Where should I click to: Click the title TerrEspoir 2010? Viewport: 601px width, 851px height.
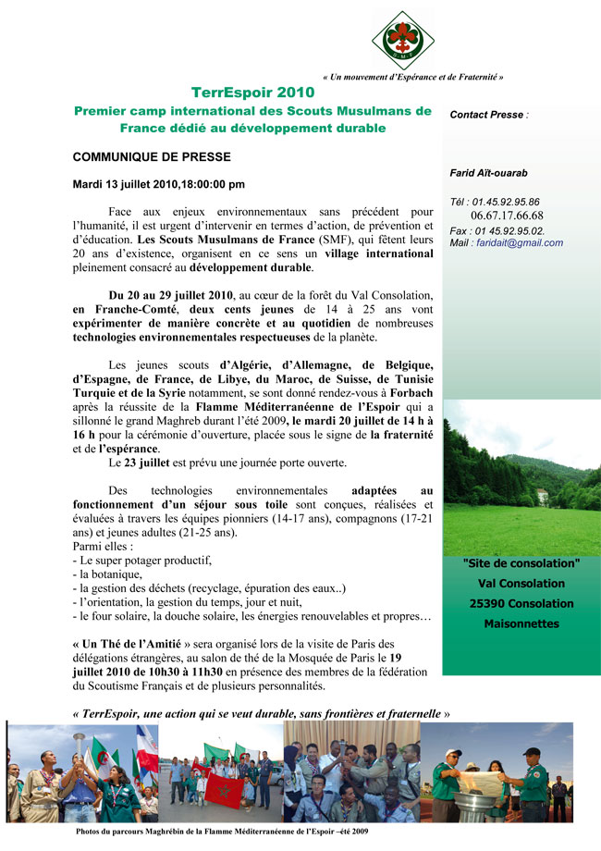[x=252, y=92]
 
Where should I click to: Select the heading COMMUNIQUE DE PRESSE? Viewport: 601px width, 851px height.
[x=152, y=156]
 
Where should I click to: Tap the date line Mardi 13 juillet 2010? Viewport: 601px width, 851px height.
[x=159, y=184]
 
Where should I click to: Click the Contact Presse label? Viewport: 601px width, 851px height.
[x=489, y=116]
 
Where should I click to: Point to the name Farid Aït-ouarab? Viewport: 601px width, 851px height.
[x=489, y=173]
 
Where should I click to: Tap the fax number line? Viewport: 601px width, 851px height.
[x=497, y=230]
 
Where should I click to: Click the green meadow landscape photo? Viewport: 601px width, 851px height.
[x=521, y=476]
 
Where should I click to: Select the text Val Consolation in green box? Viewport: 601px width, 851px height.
[x=521, y=584]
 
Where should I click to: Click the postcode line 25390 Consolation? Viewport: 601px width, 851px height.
[x=521, y=604]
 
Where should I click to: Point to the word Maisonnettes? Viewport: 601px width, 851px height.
[x=521, y=624]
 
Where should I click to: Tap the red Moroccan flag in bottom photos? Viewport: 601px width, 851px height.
[x=223, y=788]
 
